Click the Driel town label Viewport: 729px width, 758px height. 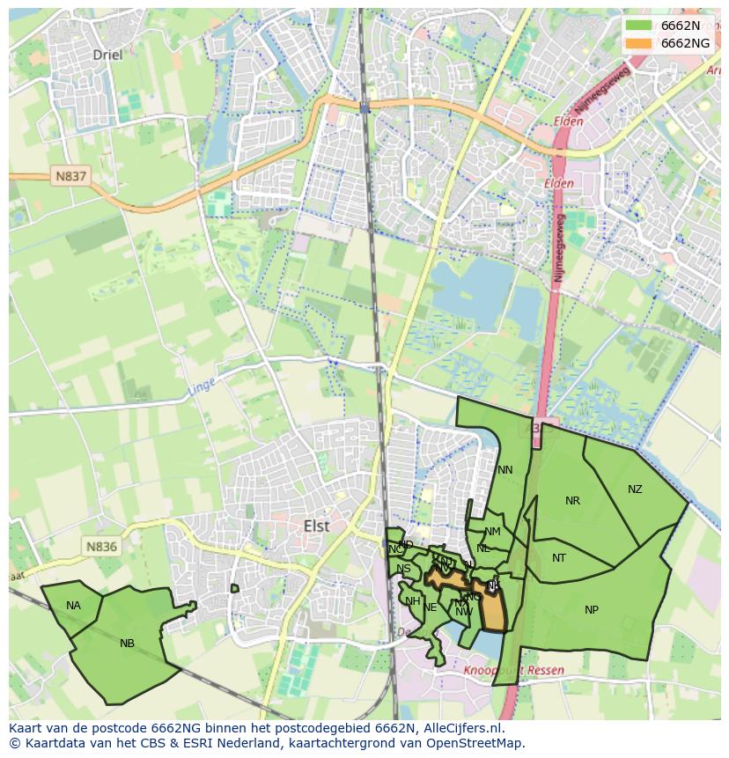click(107, 55)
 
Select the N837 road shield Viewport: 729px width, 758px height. click(70, 176)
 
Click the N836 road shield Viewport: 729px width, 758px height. click(101, 547)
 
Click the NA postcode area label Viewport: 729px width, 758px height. click(73, 606)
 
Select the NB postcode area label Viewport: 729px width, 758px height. click(127, 644)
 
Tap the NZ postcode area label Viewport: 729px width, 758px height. click(635, 489)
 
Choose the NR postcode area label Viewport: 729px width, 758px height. click(572, 501)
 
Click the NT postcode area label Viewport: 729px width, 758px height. click(559, 558)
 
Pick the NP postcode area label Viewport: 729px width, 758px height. click(592, 610)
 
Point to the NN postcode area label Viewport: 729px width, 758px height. click(504, 470)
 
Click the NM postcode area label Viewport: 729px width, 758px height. click(492, 532)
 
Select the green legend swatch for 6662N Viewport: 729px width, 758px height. click(639, 26)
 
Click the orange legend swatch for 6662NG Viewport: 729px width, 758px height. click(639, 43)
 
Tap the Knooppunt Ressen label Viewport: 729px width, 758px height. click(513, 670)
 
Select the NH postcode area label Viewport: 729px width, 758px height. click(412, 601)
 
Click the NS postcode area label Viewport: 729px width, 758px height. click(403, 569)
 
